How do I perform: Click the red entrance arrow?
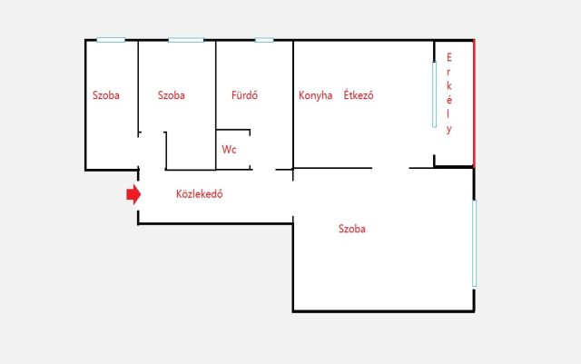[133, 194]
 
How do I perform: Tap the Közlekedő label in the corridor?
[200, 194]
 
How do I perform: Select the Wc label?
[229, 150]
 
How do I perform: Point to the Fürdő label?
[244, 95]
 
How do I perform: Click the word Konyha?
[315, 95]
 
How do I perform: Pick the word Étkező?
[359, 94]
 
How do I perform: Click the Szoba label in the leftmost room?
[106, 95]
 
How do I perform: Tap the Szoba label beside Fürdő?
[172, 95]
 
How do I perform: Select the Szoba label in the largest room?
[352, 229]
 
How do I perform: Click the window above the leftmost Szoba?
[111, 40]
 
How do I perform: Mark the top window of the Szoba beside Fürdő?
[186, 40]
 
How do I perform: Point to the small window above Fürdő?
[264, 40]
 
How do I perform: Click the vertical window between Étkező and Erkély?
[434, 94]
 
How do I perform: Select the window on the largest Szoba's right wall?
[474, 243]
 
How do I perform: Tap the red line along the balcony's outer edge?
[474, 103]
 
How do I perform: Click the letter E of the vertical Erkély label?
[449, 57]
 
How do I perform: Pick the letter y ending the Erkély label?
[449, 130]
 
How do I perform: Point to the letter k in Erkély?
[449, 85]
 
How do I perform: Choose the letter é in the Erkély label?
[449, 100]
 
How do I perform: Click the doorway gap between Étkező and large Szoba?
[390, 168]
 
